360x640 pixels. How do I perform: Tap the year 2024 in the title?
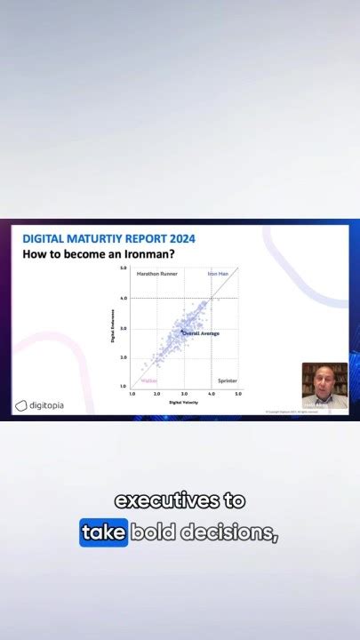[178, 239]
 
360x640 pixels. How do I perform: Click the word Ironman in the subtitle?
[148, 254]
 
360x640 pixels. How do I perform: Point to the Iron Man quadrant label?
[219, 274]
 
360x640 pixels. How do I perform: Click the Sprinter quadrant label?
[228, 380]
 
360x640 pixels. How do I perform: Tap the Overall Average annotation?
[201, 333]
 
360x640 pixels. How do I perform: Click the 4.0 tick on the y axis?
[123, 299]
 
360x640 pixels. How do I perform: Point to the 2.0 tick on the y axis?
[123, 357]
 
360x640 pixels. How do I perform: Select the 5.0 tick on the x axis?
[238, 393]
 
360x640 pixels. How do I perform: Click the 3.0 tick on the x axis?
[184, 393]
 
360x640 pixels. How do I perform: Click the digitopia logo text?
[46, 405]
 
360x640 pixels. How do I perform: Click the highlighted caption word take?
[103, 532]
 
